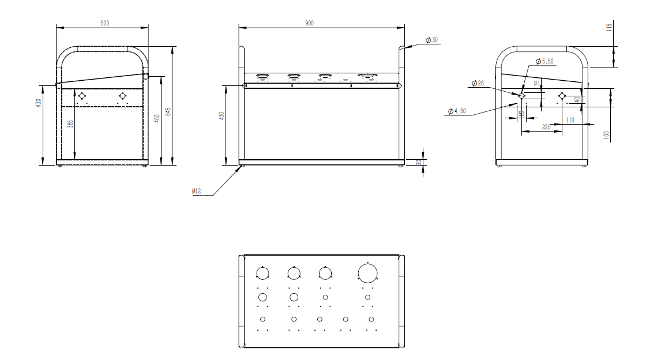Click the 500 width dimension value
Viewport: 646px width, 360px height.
tap(104, 23)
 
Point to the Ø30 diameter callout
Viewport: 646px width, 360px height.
tap(431, 40)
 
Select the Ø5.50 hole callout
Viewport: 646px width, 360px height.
tap(544, 61)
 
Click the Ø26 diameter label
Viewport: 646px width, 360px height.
tap(478, 84)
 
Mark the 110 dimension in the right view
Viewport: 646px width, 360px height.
tap(570, 120)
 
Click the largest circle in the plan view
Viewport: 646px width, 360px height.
tap(367, 272)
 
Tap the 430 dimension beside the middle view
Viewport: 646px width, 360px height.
tap(221, 115)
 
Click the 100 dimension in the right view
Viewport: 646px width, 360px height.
tap(606, 136)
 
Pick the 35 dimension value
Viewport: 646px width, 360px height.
tap(536, 84)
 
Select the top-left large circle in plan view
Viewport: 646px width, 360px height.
tap(262, 272)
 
